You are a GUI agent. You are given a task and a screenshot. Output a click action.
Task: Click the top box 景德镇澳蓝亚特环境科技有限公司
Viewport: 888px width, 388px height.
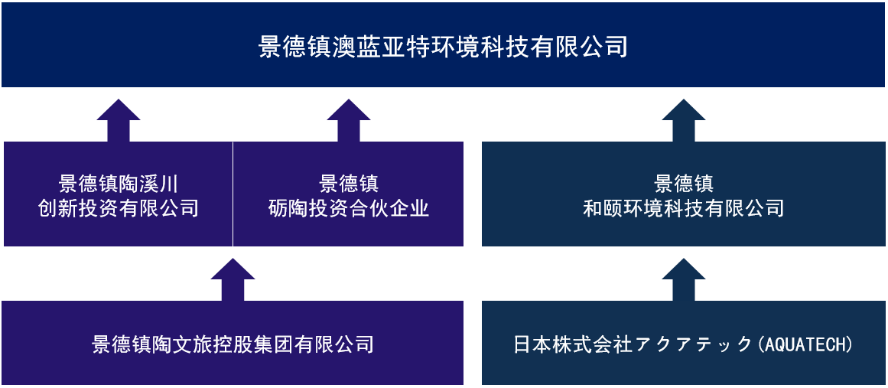click(x=443, y=44)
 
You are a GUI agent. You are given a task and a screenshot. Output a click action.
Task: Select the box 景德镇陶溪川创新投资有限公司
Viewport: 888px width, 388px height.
click(x=119, y=194)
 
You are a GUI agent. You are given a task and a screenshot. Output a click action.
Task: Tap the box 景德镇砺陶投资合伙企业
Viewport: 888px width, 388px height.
click(x=348, y=194)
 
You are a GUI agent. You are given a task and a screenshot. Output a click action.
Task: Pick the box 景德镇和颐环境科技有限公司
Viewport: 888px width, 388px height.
click(x=684, y=194)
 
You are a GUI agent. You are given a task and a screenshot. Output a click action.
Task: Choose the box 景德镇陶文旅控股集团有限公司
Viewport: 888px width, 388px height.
click(x=233, y=343)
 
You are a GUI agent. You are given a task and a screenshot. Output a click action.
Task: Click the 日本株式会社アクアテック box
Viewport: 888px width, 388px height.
click(x=684, y=343)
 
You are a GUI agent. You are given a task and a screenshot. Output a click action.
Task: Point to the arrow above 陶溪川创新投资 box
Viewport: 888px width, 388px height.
click(x=119, y=121)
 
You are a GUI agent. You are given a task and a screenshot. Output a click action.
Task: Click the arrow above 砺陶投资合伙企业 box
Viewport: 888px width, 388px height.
click(x=349, y=121)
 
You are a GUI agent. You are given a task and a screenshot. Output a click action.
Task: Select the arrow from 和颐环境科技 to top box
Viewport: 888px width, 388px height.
click(x=684, y=121)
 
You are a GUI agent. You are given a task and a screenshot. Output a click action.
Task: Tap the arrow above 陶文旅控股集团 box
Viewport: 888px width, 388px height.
click(x=233, y=280)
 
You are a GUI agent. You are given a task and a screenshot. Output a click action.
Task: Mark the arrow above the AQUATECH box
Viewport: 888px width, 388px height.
click(x=684, y=280)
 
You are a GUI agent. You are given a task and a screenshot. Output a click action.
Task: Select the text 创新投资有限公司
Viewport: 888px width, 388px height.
click(x=119, y=208)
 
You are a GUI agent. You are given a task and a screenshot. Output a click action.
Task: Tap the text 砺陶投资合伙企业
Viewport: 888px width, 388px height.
click(x=349, y=208)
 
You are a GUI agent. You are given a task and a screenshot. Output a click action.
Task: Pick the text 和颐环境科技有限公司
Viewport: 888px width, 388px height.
click(x=684, y=208)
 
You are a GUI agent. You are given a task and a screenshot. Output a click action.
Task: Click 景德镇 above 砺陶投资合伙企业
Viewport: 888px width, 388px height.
click(x=349, y=184)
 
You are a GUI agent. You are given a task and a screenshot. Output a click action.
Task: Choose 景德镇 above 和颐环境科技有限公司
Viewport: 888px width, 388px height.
click(x=684, y=184)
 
